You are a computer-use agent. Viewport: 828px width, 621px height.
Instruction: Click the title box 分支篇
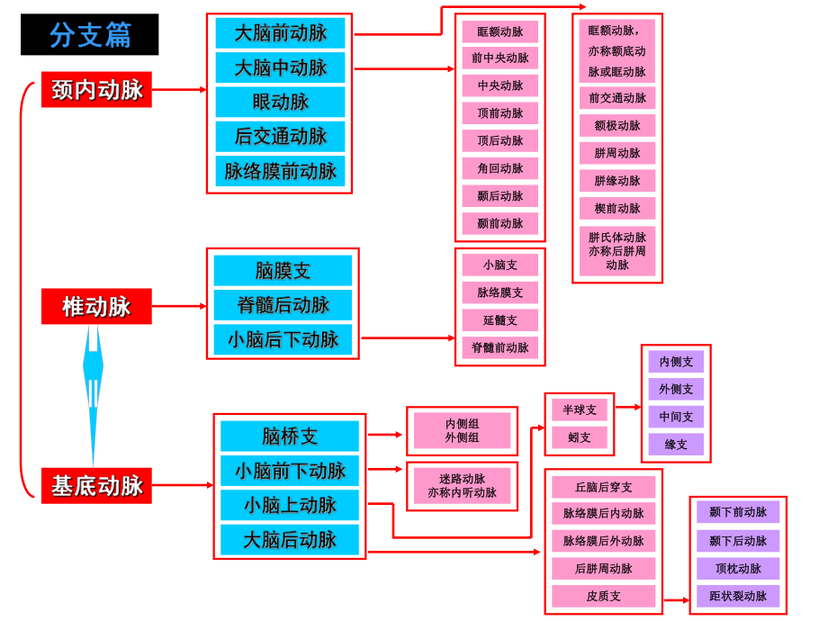(89, 34)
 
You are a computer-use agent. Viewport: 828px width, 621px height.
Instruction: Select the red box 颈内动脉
(96, 90)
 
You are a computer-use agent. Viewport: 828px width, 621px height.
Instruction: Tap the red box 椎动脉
(96, 306)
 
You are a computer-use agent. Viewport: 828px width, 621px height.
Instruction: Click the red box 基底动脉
(96, 486)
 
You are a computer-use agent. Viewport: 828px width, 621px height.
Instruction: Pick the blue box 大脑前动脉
(280, 33)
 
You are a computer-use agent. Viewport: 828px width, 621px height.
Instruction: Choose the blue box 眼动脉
(280, 102)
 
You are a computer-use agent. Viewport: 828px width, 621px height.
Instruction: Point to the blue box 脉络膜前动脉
(280, 171)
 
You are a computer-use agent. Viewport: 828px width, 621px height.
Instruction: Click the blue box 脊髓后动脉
(283, 305)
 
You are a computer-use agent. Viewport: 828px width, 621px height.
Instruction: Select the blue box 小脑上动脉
(290, 505)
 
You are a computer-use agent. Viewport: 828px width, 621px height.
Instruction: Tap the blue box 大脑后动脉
(290, 539)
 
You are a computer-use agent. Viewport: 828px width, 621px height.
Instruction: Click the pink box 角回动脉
(500, 168)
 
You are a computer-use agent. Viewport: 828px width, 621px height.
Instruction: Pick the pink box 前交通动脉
(617, 98)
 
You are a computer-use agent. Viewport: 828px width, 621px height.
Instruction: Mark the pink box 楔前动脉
(617, 208)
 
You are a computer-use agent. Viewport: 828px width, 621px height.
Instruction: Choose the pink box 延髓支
(500, 320)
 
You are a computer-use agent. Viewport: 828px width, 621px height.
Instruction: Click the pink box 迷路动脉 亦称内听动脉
(462, 486)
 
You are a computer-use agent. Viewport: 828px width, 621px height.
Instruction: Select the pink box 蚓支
(580, 437)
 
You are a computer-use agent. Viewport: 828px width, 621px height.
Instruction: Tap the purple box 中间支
(676, 417)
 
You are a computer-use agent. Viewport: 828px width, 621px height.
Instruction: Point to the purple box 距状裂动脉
(738, 596)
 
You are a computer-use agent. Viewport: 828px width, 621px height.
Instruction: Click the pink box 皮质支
(603, 596)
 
